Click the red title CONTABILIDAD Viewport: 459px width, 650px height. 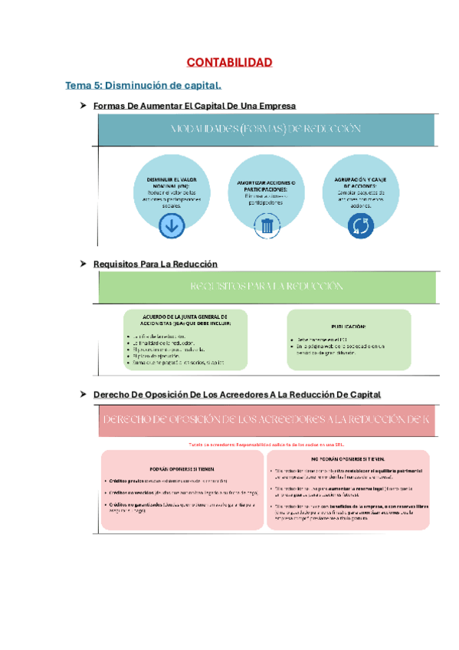[229, 62]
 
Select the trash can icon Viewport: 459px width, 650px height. [267, 225]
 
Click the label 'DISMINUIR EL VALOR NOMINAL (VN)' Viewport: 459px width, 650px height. [171, 182]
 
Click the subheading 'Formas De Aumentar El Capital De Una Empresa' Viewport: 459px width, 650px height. [194, 106]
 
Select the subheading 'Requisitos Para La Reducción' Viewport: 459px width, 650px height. [156, 264]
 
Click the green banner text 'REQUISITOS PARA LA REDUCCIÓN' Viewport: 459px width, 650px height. [266, 286]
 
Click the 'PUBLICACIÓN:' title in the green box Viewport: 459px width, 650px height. [349, 327]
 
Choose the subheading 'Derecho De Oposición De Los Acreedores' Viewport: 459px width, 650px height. [236, 394]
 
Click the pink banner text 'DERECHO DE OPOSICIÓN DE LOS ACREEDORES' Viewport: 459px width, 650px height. [264, 420]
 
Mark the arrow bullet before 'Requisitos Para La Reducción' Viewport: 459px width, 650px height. [84, 264]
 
